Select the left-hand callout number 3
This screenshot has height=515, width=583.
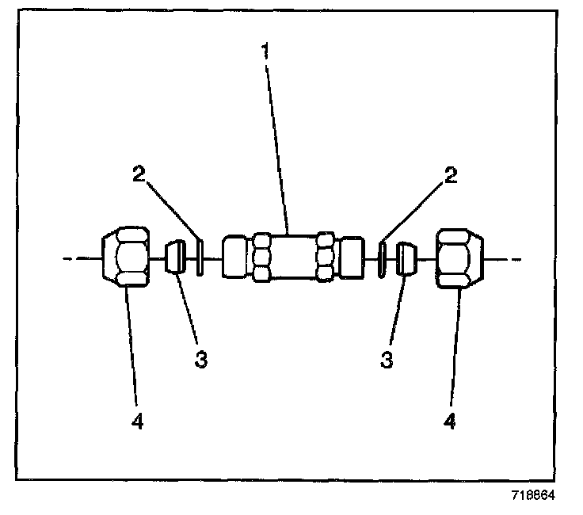click(201, 359)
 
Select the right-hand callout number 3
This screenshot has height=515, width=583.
click(387, 359)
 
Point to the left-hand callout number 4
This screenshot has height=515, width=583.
click(138, 422)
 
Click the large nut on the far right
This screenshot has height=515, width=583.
click(460, 257)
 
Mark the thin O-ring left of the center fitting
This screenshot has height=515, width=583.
click(199, 258)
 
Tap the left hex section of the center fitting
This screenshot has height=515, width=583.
click(262, 257)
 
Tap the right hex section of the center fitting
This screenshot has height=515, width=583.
click(325, 257)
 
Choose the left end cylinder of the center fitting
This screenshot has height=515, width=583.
click(236, 257)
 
